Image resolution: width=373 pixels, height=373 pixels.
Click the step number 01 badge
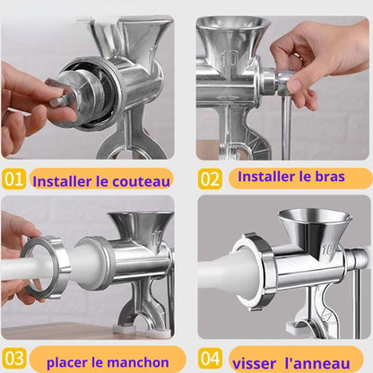13,179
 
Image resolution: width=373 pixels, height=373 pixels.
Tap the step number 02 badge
210,179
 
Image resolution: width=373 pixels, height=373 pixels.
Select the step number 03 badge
13,358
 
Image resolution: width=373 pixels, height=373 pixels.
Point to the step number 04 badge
211,358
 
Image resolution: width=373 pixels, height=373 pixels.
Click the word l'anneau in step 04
317,363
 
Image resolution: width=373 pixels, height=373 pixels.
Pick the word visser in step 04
254,364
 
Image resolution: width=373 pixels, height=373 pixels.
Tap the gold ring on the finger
299,56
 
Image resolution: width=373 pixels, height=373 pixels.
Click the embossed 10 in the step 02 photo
230,58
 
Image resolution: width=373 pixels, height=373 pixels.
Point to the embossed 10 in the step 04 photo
328,249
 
